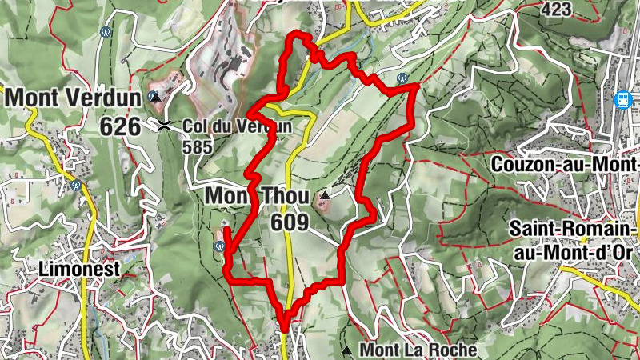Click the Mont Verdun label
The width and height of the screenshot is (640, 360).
74,98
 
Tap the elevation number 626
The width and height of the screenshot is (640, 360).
120,126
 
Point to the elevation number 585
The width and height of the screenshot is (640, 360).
197,147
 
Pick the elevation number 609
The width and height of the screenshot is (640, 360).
290,222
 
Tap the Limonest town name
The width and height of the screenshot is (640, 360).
78,270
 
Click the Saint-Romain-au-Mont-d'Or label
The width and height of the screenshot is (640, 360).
571,241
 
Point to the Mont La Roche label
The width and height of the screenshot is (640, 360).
418,350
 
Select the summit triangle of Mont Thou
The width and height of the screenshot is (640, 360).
324,194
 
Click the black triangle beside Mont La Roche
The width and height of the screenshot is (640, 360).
346,350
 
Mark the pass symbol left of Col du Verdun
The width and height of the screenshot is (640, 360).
165,125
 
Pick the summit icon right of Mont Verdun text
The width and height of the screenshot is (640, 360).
155,97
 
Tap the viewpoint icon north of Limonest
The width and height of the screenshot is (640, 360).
77,185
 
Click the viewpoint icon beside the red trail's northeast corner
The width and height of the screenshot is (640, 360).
402,78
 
